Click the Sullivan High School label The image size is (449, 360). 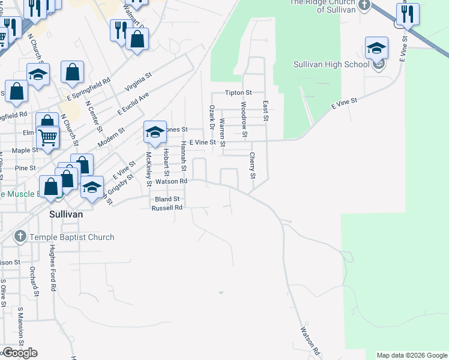coord(331,64)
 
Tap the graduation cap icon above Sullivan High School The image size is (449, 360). coord(376,47)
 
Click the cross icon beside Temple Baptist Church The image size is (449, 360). coord(20,237)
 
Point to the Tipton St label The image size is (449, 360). coord(238,93)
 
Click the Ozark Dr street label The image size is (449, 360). coord(211,117)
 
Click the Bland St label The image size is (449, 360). coord(167,199)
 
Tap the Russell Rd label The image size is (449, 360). coord(167,208)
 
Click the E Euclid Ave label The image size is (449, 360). coord(133,103)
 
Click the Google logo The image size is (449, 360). coord(20,353)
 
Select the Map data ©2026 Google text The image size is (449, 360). coord(411,355)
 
